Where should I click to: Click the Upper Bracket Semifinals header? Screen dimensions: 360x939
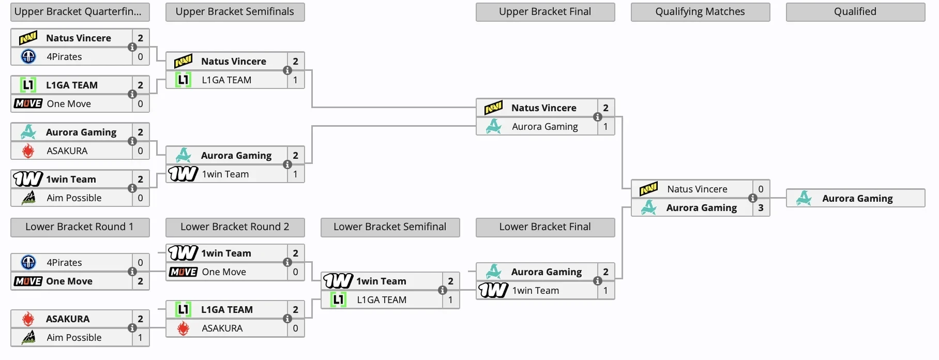[x=235, y=12]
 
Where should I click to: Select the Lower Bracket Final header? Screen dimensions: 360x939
[x=545, y=227]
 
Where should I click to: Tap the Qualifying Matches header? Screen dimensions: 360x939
[x=700, y=12]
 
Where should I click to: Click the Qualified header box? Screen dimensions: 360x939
[x=855, y=12]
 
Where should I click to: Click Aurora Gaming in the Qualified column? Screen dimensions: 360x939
[x=857, y=199]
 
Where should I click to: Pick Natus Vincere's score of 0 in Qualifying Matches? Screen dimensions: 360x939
[x=761, y=189]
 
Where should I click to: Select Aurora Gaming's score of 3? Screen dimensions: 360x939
[x=761, y=208]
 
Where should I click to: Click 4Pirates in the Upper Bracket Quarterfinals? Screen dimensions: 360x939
[x=64, y=57]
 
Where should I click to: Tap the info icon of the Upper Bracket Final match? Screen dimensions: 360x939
[x=598, y=117]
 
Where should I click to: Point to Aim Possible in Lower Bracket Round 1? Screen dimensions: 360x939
[x=74, y=338]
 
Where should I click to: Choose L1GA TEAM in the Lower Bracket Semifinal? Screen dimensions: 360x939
[x=382, y=300]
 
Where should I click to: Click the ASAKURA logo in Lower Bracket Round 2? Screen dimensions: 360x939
[x=183, y=328]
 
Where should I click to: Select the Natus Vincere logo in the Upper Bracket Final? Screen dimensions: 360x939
[x=493, y=108]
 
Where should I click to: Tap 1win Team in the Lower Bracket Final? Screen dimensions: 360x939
[x=535, y=291]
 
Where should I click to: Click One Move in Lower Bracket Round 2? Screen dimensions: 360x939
[x=224, y=272]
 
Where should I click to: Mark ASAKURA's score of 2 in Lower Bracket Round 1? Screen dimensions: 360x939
[x=140, y=319]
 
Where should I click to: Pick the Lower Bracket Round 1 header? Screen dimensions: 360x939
[x=80, y=227]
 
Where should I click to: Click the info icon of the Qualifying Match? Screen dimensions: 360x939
[x=753, y=199]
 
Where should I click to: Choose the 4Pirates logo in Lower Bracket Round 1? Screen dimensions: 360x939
[x=28, y=263]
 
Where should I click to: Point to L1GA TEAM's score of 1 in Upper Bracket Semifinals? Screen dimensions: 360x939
[x=295, y=80]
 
